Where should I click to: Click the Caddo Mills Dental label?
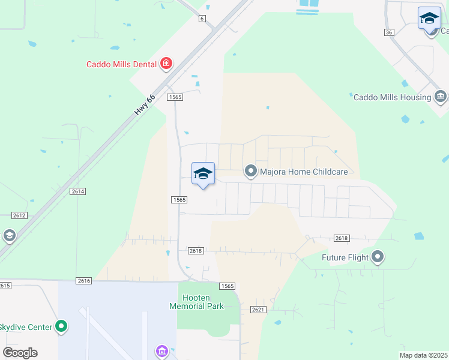coord(121,64)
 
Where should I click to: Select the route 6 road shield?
coord(202,19)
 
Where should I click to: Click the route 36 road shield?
coord(390,32)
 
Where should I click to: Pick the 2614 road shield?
coord(78,191)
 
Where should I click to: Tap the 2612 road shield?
coord(19,214)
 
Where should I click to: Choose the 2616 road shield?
coord(83,280)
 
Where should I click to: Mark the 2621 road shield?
coord(258,309)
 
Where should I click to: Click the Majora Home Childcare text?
coord(304,172)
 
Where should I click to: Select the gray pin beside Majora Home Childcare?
coord(250,172)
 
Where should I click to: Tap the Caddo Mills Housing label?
coord(392,97)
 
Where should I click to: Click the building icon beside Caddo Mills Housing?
coord(441,97)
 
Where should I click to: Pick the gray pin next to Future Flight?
coord(378,257)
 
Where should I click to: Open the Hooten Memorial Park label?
coord(196,302)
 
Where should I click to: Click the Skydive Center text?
coord(25,327)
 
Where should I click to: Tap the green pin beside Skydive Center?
coord(61,326)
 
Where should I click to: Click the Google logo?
coord(20,353)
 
